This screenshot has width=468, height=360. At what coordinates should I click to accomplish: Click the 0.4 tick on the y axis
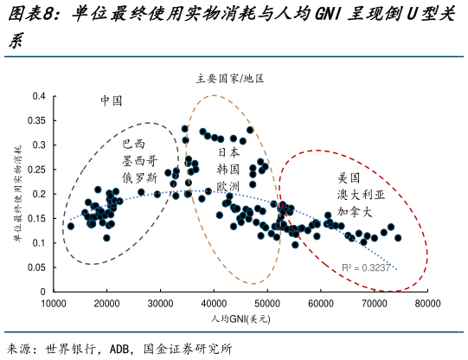[x=40, y=96]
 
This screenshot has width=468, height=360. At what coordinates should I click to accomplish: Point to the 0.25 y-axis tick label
[x=37, y=170]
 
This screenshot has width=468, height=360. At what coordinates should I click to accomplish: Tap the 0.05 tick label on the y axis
[x=37, y=267]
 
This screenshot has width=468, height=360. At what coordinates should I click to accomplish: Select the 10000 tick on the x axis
[x=54, y=304]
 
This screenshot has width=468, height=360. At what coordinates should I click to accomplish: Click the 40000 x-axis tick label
[x=214, y=304]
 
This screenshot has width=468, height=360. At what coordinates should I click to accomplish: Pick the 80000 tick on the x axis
[x=427, y=304]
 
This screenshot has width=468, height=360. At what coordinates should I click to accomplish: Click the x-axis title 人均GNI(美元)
[x=240, y=319]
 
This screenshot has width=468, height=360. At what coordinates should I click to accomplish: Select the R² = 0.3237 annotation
[x=367, y=268]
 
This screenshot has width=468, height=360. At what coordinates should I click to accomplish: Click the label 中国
[x=112, y=100]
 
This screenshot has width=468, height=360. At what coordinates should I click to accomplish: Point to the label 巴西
[x=134, y=144]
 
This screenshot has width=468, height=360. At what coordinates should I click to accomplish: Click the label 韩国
[x=228, y=169]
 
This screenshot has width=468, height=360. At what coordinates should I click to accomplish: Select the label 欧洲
[x=228, y=186]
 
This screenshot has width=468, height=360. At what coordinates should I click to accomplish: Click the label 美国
[x=349, y=177]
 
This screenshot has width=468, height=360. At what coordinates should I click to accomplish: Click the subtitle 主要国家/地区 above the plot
[x=230, y=78]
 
